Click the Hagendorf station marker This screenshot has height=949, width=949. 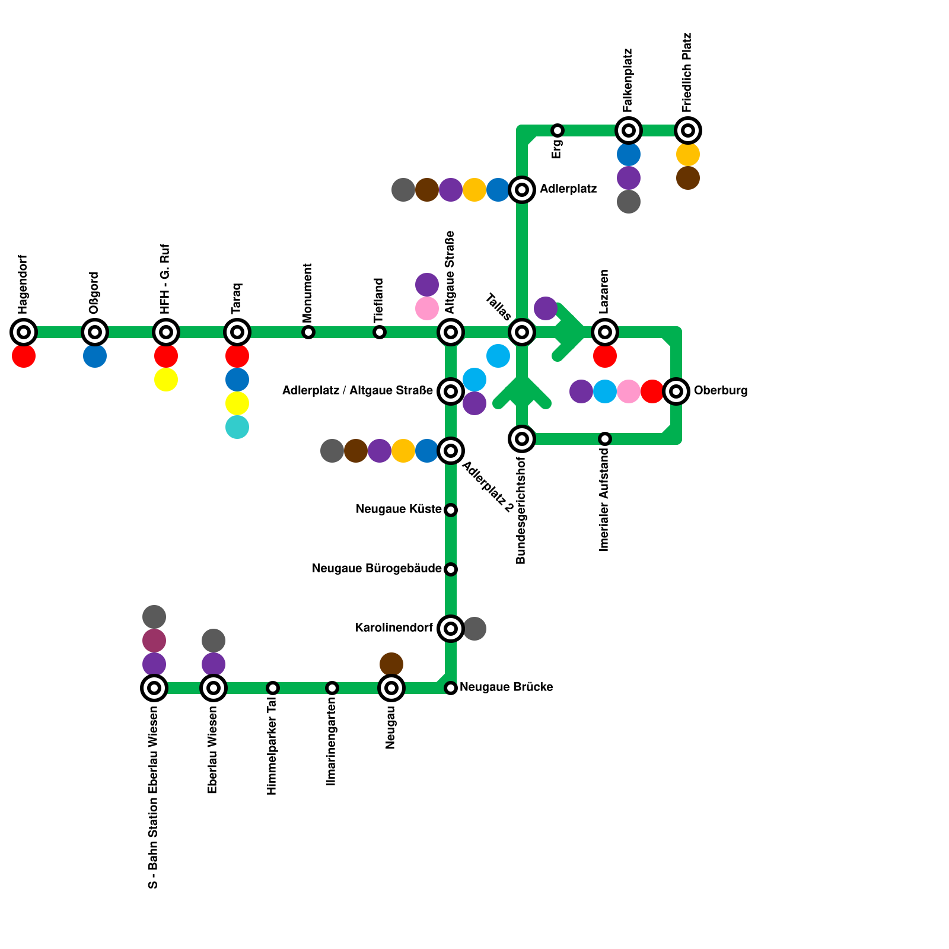click(24, 332)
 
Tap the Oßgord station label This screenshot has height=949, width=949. click(94, 293)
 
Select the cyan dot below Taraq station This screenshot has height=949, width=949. click(237, 427)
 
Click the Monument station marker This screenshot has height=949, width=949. click(308, 332)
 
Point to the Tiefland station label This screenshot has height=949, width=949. click(379, 300)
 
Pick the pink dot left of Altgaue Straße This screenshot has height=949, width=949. click(427, 308)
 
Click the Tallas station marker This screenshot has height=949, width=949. click(522, 332)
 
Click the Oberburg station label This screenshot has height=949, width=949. click(720, 391)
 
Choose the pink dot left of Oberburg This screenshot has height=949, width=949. click(629, 391)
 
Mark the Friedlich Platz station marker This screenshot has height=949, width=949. click(688, 130)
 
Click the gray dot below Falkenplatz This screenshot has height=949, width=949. click(629, 202)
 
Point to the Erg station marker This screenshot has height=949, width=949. click(558, 130)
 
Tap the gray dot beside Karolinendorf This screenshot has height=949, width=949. click(474, 629)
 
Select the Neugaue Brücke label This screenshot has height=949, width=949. click(506, 687)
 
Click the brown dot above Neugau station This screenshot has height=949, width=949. click(391, 664)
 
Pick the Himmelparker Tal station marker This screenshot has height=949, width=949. click(273, 688)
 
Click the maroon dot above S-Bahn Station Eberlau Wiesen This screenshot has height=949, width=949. click(154, 641)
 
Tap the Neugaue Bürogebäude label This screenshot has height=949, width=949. click(377, 569)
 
